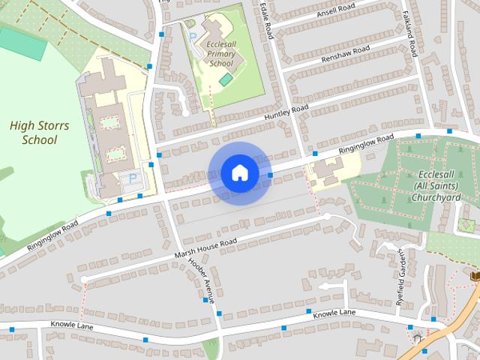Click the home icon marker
239,173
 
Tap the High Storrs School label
39,133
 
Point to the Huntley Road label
286,115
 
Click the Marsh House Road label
205,247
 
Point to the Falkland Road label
409,34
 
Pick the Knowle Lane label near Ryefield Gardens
334,314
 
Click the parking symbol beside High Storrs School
133,178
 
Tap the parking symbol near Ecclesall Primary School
193,36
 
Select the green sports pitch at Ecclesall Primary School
226,79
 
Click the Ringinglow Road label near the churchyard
365,145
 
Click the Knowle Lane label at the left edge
72,325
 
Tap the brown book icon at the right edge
474,276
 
